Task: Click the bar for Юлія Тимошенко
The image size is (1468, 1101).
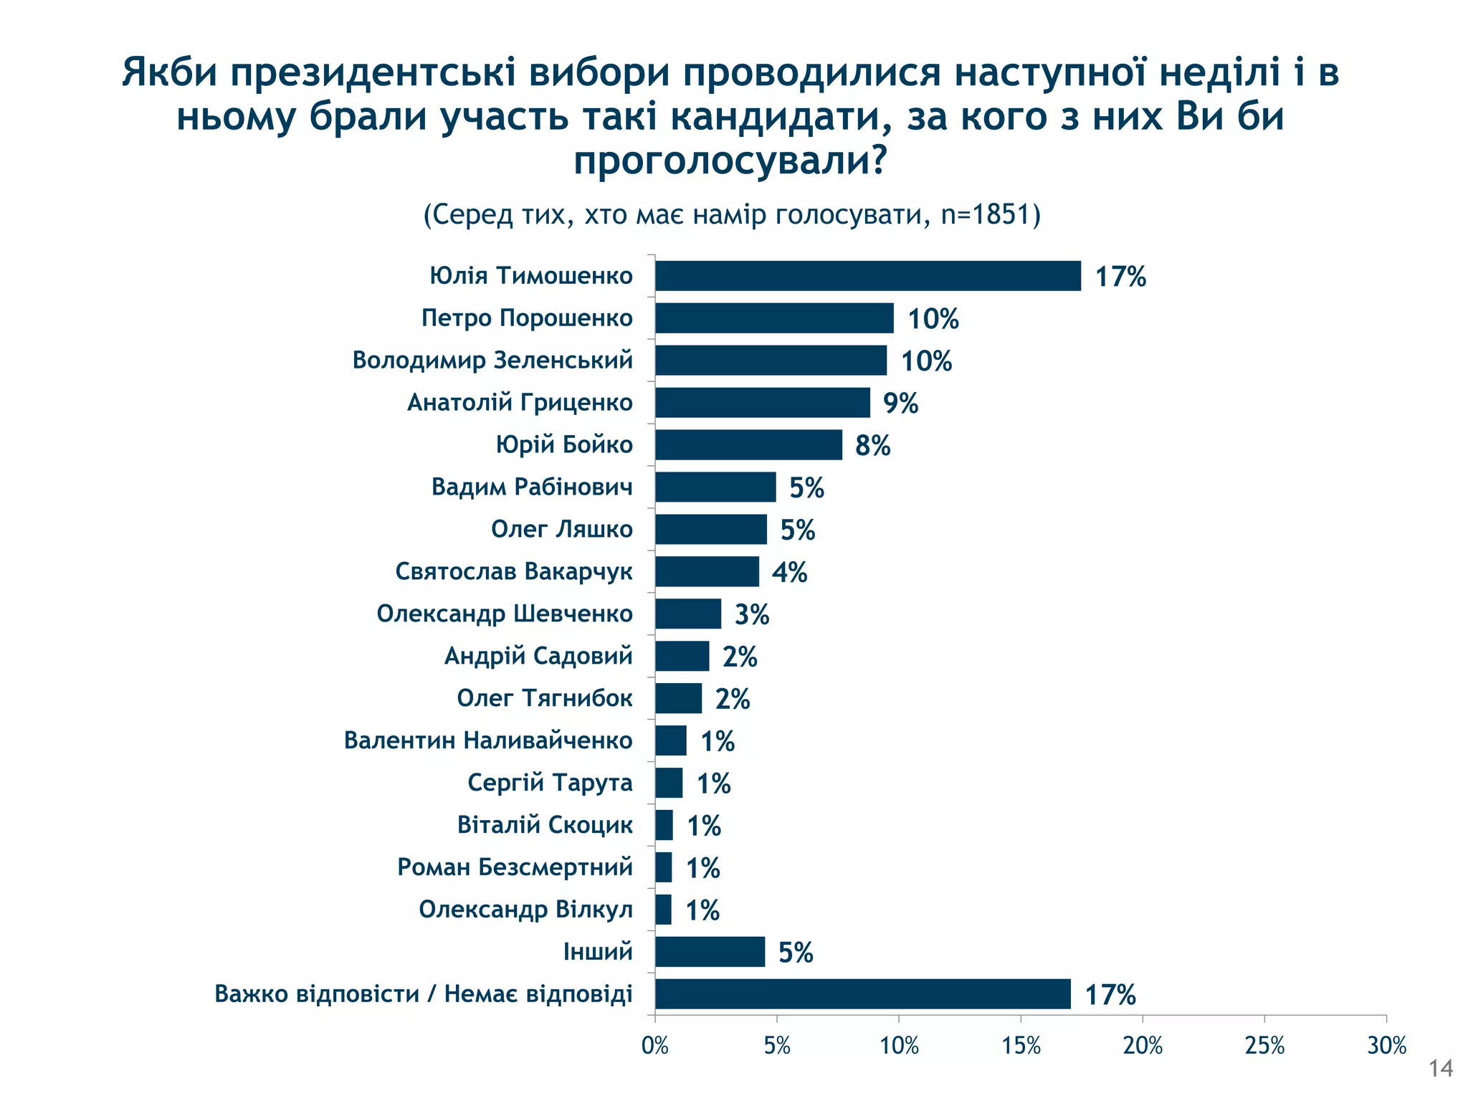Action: coord(867,276)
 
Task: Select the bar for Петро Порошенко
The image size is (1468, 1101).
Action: coord(774,318)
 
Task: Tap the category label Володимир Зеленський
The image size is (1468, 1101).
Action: coord(492,360)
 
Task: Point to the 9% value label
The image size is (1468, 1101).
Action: coord(900,404)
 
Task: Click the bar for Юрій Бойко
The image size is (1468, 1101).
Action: coord(748,445)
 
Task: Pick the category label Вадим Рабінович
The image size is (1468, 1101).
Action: coord(532,487)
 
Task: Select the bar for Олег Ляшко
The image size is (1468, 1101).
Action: coord(710,530)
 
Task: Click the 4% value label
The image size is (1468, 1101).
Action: coord(789,573)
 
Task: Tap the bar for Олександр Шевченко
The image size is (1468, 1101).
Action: coord(688,614)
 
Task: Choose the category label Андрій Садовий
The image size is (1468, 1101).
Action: coord(538,656)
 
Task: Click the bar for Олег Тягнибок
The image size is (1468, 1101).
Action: coord(678,699)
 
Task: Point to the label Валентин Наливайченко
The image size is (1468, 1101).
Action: coord(488,740)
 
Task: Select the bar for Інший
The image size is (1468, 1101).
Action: coord(710,952)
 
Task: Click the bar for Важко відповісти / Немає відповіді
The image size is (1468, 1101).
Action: coord(862,994)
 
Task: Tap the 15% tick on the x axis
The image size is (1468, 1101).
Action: coord(1021,1046)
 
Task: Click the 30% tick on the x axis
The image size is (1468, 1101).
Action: coord(1386,1046)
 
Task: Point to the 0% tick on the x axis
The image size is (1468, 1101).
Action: coord(654,1046)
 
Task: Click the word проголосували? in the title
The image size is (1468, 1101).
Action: coord(730,161)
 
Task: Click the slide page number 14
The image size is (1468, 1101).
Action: coord(1440,1069)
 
